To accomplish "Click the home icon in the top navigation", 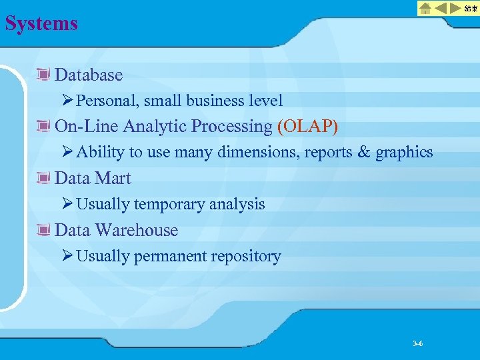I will [x=425, y=8].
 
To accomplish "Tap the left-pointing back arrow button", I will [x=439, y=8].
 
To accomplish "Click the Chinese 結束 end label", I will [x=471, y=8].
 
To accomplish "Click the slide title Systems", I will [x=41, y=24].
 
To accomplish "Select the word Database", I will [x=89, y=75].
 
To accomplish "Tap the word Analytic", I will [x=160, y=126].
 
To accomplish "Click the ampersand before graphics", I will [x=364, y=152].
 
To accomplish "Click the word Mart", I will [x=113, y=178].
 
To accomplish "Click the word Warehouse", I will [x=136, y=230].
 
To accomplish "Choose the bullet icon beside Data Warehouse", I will [x=45, y=230].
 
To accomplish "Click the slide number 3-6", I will [x=418, y=343].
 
